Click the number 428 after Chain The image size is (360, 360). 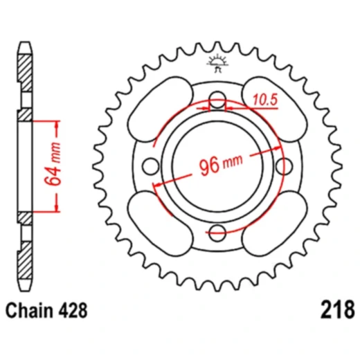[x=73, y=308]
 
